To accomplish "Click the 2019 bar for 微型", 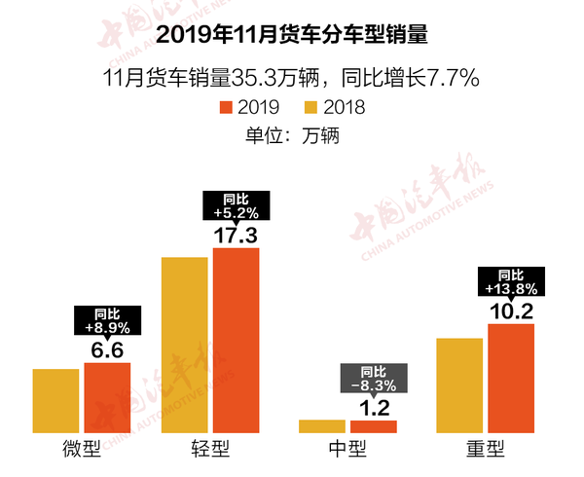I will click(x=107, y=397).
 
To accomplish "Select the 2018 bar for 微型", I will click(x=55, y=401).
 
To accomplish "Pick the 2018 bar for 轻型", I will click(x=185, y=345).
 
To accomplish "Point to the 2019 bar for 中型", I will click(x=374, y=426).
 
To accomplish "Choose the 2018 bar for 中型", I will click(x=322, y=426).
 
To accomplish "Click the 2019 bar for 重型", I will click(x=511, y=378).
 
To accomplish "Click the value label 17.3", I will click(x=237, y=235).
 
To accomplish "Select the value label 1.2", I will click(x=374, y=407).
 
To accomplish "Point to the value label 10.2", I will click(x=511, y=311).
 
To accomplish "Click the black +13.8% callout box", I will click(x=511, y=282).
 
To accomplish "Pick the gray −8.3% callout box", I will click(x=374, y=379).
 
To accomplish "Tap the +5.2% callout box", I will click(x=237, y=204).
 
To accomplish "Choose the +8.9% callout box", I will click(x=107, y=320).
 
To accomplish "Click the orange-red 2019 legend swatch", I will click(x=226, y=107).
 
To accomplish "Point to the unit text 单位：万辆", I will click(x=292, y=136).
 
